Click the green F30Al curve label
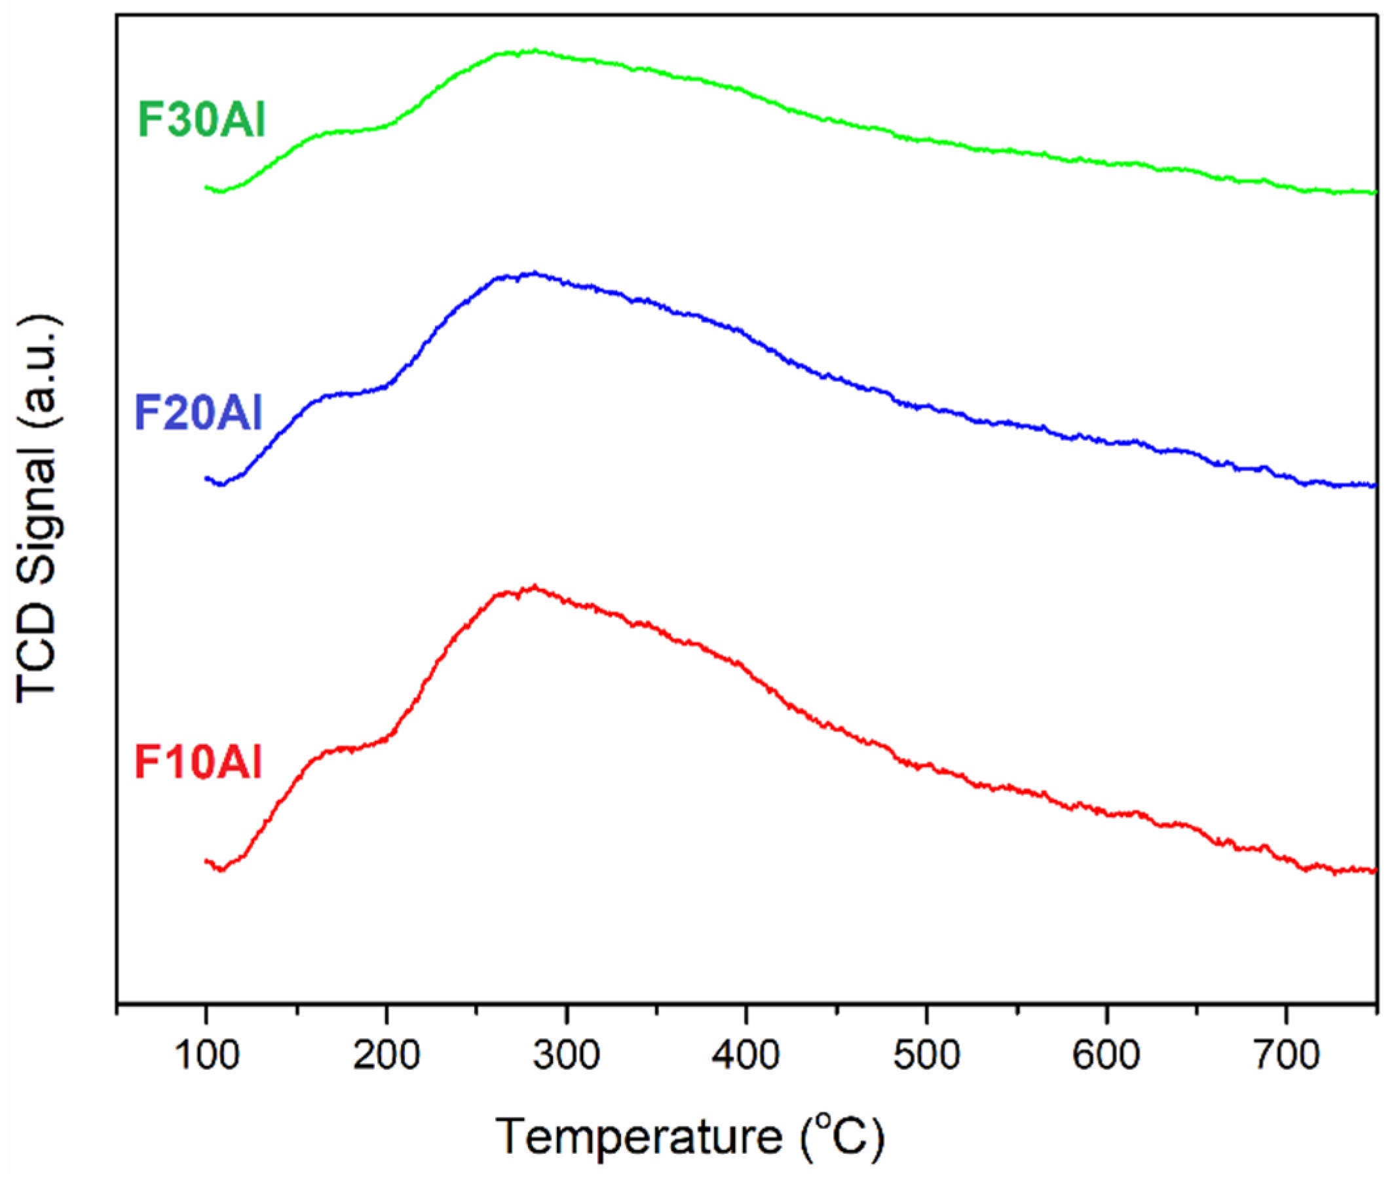pos(201,120)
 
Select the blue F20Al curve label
pos(198,412)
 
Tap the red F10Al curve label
pos(198,762)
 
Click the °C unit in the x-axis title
pos(843,1136)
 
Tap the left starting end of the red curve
pos(207,860)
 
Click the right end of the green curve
pos(1374,193)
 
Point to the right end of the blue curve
pos(1374,485)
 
